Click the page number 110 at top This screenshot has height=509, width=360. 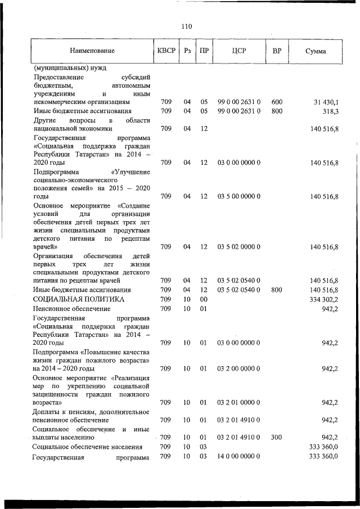[187, 26]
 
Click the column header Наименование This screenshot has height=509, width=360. [93, 51]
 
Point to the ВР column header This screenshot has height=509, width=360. [277, 51]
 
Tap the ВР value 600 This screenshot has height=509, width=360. [277, 102]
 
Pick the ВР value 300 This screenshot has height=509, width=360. [277, 437]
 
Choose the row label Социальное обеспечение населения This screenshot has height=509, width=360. [87, 447]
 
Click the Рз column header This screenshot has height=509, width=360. [188, 51]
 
